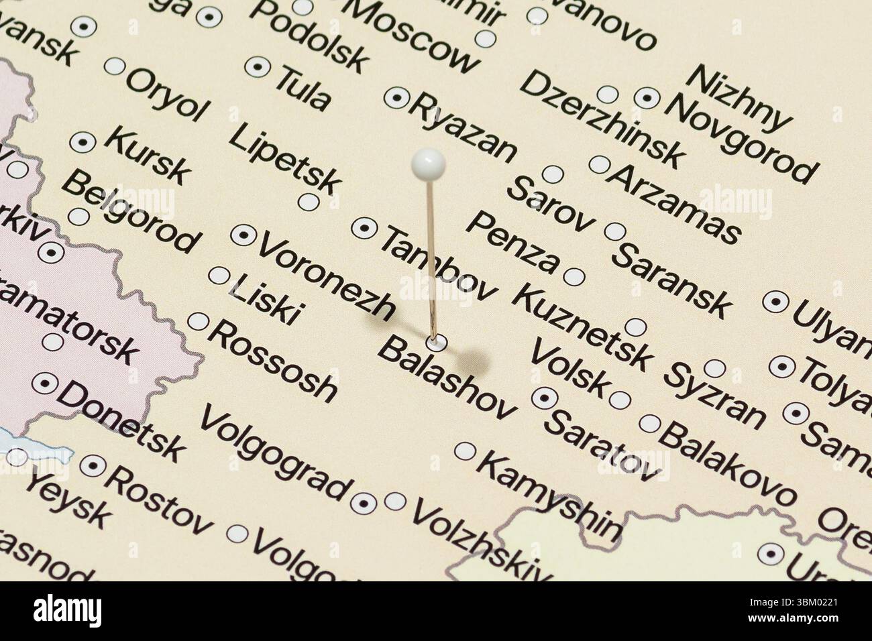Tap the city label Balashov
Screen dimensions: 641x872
[x=447, y=380]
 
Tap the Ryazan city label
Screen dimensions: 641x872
[x=464, y=128]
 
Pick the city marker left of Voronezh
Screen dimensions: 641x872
[x=243, y=235]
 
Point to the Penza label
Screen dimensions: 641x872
[x=512, y=243]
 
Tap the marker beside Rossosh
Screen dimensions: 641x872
[x=198, y=322]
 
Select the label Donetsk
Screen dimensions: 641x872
[x=120, y=422]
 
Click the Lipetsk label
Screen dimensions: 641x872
[x=286, y=157]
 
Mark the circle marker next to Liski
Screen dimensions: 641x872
[x=219, y=276]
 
